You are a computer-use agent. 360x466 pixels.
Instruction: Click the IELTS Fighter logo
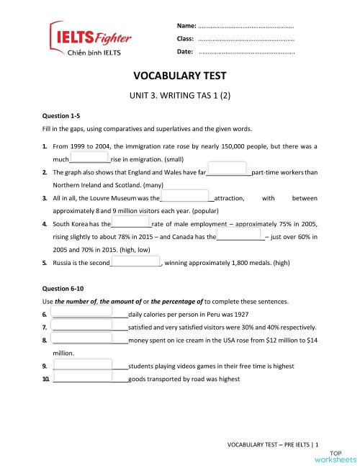81,39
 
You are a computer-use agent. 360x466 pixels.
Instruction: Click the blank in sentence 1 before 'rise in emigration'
89,158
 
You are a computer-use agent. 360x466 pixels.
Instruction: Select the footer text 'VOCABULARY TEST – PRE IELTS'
269,445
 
